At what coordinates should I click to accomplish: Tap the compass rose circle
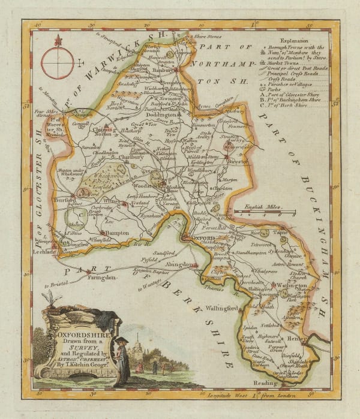coord(58,60)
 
